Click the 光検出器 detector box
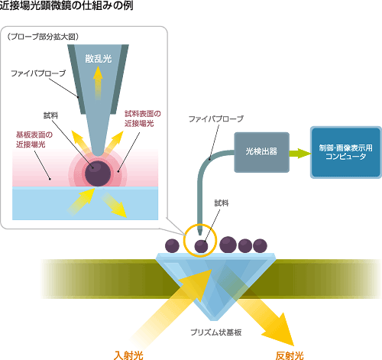[x=262, y=152]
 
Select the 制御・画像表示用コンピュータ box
[x=345, y=152]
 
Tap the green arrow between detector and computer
[x=300, y=153]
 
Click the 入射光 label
[x=128, y=355]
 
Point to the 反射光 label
[x=290, y=355]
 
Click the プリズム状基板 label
[x=216, y=332]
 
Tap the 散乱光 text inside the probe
[x=99, y=59]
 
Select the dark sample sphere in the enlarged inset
[x=98, y=174]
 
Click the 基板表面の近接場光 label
[x=34, y=139]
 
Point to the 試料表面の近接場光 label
[x=143, y=118]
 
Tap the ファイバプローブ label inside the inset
[x=38, y=73]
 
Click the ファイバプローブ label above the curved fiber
[x=216, y=118]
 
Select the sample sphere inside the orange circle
[x=201, y=246]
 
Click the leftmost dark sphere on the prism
[x=172, y=246]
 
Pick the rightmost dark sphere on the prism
[x=260, y=246]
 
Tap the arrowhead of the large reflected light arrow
[x=281, y=330]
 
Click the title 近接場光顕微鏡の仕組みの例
[x=66, y=5]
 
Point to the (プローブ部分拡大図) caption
[x=43, y=37]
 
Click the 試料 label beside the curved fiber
[x=222, y=203]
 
